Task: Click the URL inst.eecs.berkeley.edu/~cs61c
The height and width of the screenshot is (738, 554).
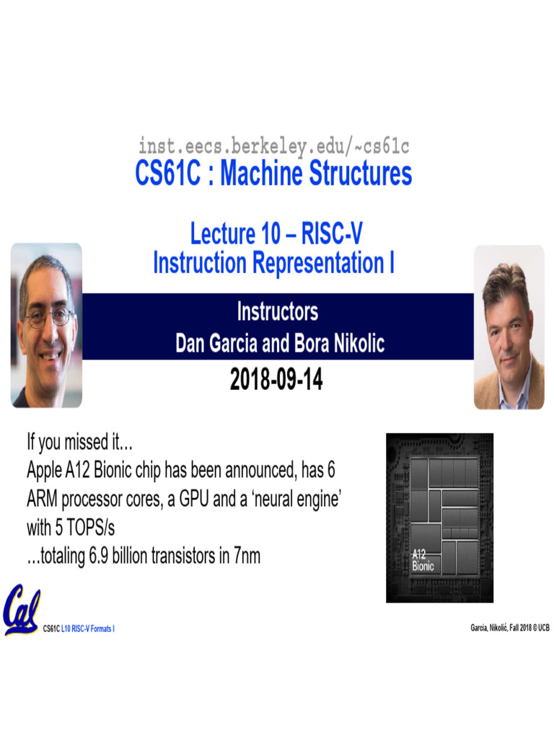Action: tap(274, 146)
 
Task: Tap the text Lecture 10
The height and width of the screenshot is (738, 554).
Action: tap(223, 234)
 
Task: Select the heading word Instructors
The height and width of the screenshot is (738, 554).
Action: tap(278, 312)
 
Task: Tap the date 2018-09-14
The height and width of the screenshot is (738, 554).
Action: tap(276, 379)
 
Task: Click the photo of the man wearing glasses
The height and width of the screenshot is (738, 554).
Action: tap(46, 324)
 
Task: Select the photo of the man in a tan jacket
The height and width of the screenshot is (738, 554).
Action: tap(509, 327)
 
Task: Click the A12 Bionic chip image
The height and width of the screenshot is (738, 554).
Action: tap(439, 517)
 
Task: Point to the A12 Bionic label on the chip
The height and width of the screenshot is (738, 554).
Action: tap(423, 560)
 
